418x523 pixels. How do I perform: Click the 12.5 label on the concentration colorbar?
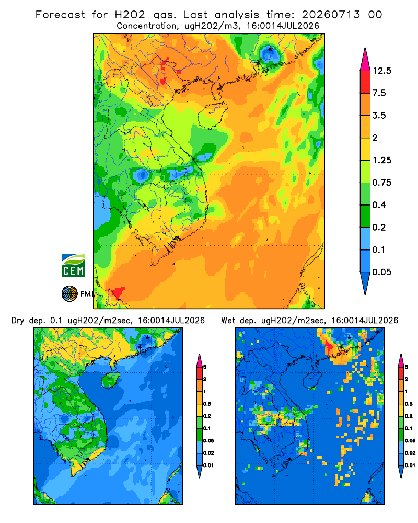pyautogui.click(x=381, y=71)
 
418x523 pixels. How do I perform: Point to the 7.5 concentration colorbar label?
pyautogui.click(x=379, y=93)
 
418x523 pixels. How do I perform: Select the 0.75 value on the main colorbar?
pyautogui.click(x=381, y=183)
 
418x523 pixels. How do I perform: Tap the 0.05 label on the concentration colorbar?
pyautogui.click(x=381, y=272)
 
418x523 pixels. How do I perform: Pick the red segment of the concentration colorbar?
pyautogui.click(x=365, y=82)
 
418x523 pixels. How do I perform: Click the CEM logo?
pyautogui.click(x=73, y=266)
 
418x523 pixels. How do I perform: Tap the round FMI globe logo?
pyautogui.click(x=69, y=294)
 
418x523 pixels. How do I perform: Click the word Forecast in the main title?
pyautogui.click(x=60, y=15)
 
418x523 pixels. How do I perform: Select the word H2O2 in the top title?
pyautogui.click(x=130, y=15)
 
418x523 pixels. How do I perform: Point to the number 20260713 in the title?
pyautogui.click(x=331, y=15)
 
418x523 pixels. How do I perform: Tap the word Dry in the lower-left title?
pyautogui.click(x=18, y=321)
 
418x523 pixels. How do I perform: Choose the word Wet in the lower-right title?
pyautogui.click(x=228, y=321)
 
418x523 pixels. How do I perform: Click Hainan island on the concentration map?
pyautogui.click(x=212, y=115)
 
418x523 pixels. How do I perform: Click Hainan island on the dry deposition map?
pyautogui.click(x=110, y=380)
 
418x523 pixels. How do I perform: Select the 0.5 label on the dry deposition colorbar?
pyautogui.click(x=207, y=404)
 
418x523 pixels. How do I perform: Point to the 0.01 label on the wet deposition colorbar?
pyautogui.click(x=410, y=465)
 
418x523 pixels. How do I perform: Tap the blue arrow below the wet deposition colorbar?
pyautogui.click(x=401, y=471)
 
